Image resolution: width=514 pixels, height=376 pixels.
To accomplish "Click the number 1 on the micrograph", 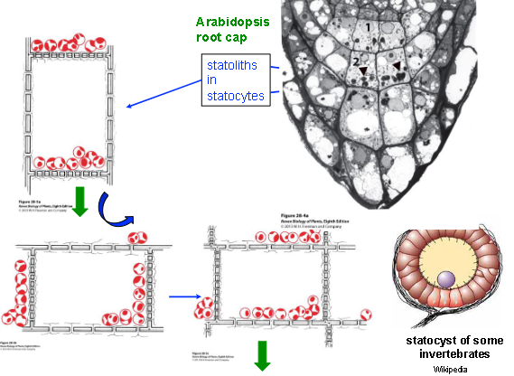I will point(368,29).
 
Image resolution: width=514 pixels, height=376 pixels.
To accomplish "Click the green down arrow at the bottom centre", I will point(263,355).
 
